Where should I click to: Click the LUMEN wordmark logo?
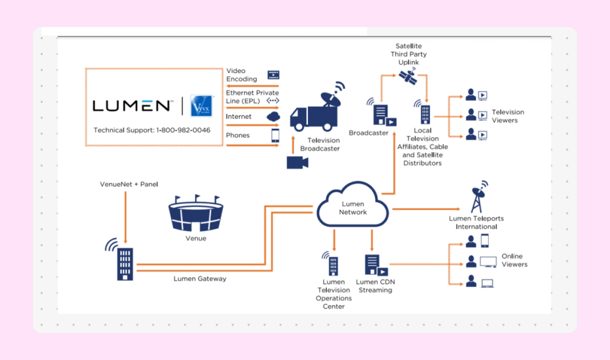pos(131,106)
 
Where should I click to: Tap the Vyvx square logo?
pos(201,106)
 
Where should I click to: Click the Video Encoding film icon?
pos(273,76)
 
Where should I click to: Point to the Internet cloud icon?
pos(273,117)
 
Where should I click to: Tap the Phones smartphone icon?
pos(274,135)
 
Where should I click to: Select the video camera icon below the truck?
pos(298,162)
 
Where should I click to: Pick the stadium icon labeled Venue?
pos(195,214)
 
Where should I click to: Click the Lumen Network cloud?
pos(353,207)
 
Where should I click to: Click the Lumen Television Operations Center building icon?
pos(332,264)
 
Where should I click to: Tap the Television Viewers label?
pos(508,116)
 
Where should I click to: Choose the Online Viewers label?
pos(514,260)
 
